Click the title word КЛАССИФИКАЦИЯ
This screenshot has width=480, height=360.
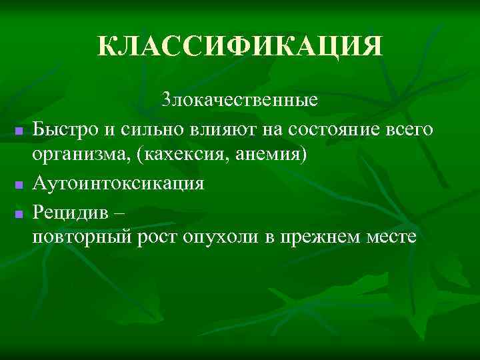(x=240, y=47)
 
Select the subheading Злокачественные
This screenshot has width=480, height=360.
(x=240, y=101)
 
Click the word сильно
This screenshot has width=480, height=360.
(x=149, y=128)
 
